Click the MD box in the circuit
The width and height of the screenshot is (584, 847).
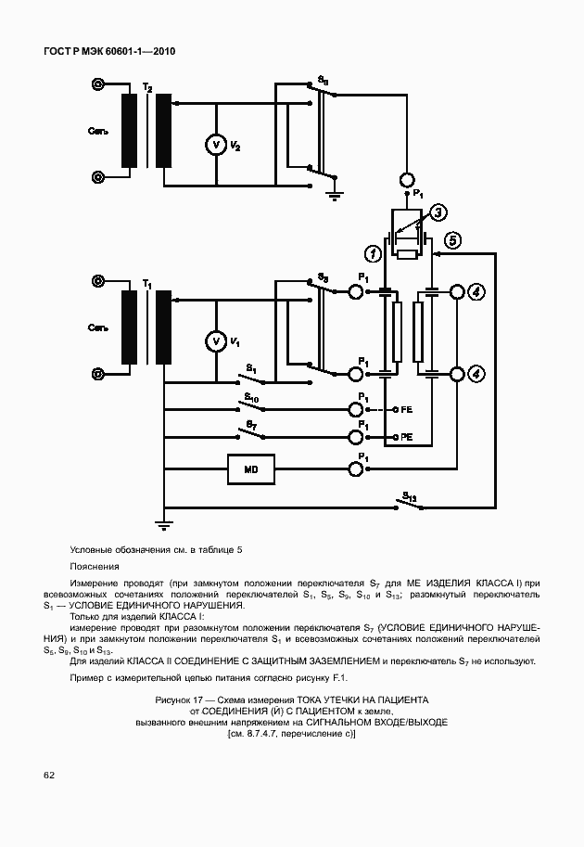point(250,470)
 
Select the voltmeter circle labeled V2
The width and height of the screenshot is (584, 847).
point(214,145)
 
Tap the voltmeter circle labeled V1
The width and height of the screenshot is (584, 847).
point(214,342)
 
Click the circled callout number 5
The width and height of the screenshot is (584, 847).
point(453,240)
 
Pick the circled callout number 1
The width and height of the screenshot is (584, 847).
point(372,252)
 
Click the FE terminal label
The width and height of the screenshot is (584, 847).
point(406,409)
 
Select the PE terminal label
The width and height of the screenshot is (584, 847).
point(406,436)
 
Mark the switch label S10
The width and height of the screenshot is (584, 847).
point(251,396)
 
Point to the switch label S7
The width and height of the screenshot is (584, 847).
point(251,424)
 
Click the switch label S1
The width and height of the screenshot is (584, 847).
point(251,369)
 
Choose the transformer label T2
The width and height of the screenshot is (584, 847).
point(147,87)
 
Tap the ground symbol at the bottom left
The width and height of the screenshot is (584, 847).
point(164,524)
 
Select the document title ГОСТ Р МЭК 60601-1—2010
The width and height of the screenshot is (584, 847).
point(109,52)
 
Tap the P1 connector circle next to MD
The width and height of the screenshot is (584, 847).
point(355,470)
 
